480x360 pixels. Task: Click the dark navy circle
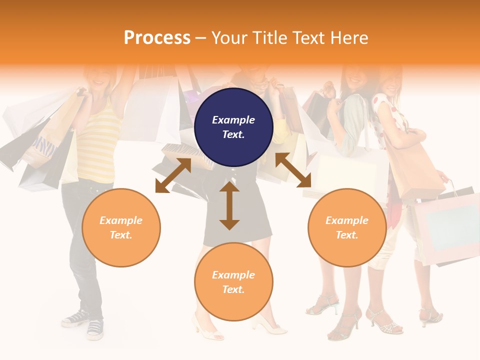(233, 127)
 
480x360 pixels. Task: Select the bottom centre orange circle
(233, 282)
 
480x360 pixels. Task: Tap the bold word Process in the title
(157, 38)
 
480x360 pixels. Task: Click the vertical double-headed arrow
(229, 205)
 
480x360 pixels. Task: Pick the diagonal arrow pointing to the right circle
(293, 170)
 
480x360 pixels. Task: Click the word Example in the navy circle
(233, 120)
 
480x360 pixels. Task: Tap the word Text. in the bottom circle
(233, 289)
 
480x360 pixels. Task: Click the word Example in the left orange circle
(121, 220)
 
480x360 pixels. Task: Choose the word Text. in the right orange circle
(347, 235)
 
